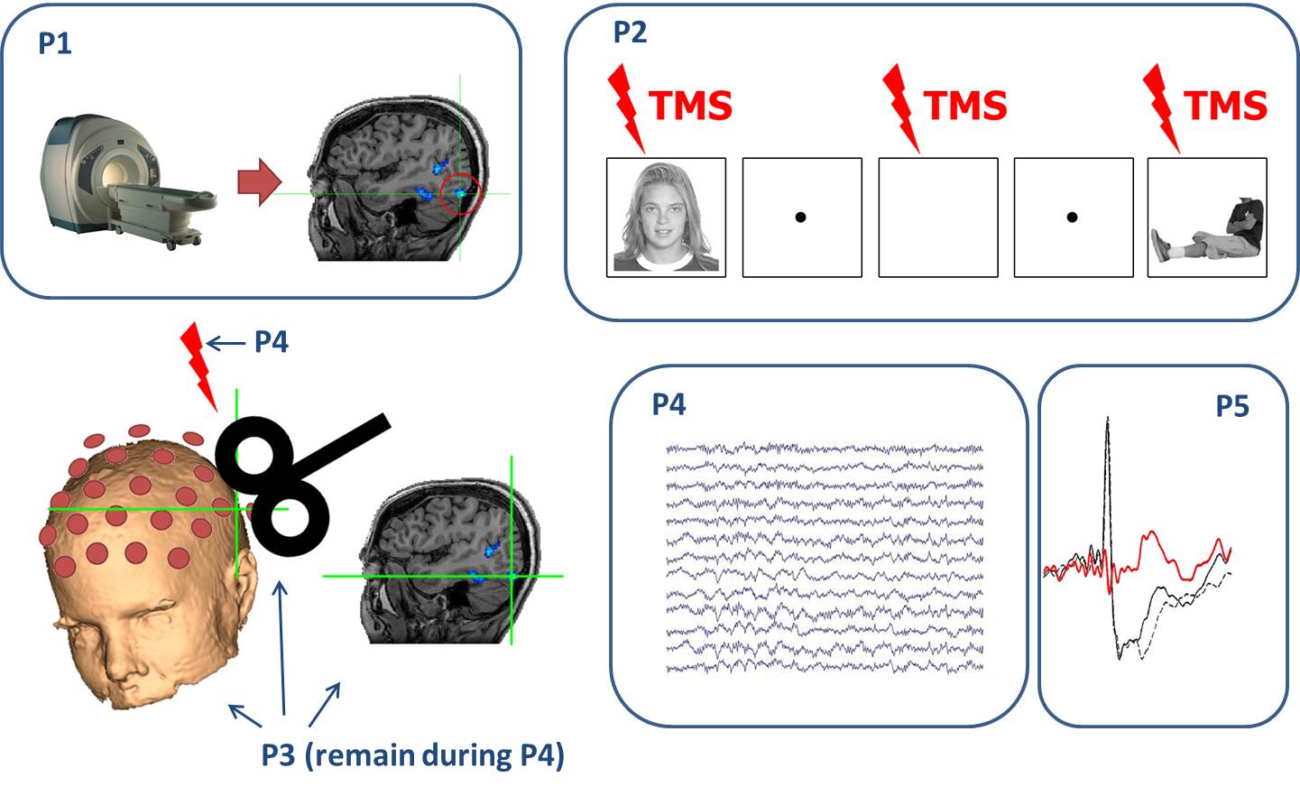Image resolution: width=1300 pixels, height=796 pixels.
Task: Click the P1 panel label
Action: tap(55, 43)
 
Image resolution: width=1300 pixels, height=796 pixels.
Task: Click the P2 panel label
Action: tap(630, 32)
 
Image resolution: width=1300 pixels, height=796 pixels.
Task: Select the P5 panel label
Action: tap(1231, 407)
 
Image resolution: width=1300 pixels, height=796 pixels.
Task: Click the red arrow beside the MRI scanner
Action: tap(260, 181)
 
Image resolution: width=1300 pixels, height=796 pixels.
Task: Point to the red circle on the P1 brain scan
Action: tap(460, 194)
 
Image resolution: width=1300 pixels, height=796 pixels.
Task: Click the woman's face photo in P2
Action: tap(666, 218)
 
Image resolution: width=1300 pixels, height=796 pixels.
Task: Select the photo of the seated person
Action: tap(1207, 218)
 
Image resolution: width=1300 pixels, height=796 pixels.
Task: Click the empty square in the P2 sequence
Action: tap(938, 218)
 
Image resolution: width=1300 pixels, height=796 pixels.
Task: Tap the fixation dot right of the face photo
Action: tap(800, 218)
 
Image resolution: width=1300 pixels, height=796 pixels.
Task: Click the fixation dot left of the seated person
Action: tap(1072, 218)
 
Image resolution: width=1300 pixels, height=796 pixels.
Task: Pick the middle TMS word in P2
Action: tap(965, 106)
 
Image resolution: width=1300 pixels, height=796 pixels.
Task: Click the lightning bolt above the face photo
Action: tap(625, 106)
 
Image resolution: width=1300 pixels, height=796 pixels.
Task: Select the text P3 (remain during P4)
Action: tap(412, 754)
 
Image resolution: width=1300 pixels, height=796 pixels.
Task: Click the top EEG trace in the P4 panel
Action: tap(824, 448)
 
